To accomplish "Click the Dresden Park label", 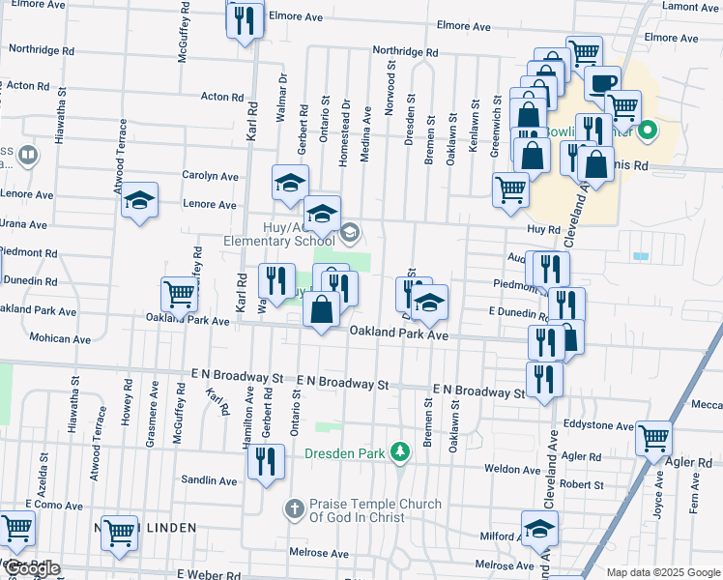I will tap(345, 453).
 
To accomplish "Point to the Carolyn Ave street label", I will tap(210, 176).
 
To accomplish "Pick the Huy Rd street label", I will tap(544, 230).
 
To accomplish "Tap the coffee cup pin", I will tap(602, 84).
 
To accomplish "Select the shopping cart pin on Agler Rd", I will tap(653, 438).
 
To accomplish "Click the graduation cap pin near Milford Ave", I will tap(539, 528).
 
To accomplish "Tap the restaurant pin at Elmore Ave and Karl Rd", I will tap(245, 19).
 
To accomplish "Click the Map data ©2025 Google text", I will tap(663, 572).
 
